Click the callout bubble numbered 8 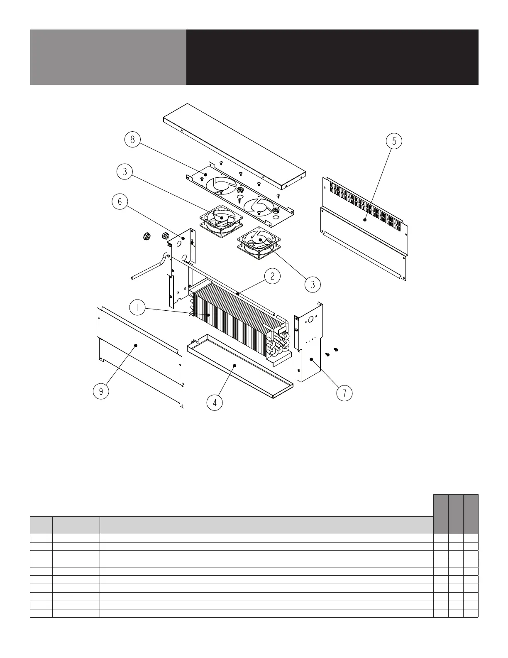pyautogui.click(x=132, y=140)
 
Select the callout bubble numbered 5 pyautogui.click(x=394, y=141)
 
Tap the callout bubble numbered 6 pyautogui.click(x=120, y=202)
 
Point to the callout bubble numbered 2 pyautogui.click(x=272, y=276)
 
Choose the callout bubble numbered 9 pyautogui.click(x=101, y=391)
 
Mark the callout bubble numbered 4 pyautogui.click(x=215, y=403)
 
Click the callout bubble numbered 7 pyautogui.click(x=344, y=393)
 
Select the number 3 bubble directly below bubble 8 pyautogui.click(x=125, y=171)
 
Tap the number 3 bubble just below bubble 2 pyautogui.click(x=313, y=285)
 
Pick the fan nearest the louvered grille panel pyautogui.click(x=258, y=243)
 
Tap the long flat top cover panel pyautogui.click(x=234, y=143)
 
